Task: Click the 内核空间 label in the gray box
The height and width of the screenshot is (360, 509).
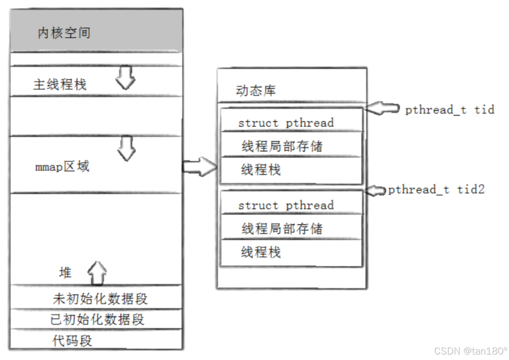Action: pyautogui.click(x=64, y=33)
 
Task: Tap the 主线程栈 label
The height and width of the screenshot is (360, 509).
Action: pyautogui.click(x=59, y=84)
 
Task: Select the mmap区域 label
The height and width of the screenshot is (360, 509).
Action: pyautogui.click(x=62, y=167)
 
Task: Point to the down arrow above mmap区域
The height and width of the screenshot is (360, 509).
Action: pyautogui.click(x=127, y=149)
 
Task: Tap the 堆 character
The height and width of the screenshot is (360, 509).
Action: pyautogui.click(x=65, y=272)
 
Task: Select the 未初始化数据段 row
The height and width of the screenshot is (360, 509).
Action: pyautogui.click(x=100, y=299)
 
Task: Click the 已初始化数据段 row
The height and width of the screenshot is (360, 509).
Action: pyautogui.click(x=97, y=319)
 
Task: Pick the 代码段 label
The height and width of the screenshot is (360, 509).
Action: pyautogui.click(x=72, y=340)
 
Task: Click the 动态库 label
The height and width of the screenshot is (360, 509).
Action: pyautogui.click(x=256, y=91)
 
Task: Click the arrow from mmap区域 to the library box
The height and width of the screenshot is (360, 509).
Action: pyautogui.click(x=200, y=166)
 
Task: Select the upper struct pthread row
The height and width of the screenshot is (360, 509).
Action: pyautogui.click(x=286, y=123)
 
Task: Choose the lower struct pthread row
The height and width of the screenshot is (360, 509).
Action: pyautogui.click(x=286, y=205)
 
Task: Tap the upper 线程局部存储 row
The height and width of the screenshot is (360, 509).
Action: pyautogui.click(x=282, y=146)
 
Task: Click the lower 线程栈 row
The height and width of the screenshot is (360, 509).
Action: pyautogui.click(x=261, y=252)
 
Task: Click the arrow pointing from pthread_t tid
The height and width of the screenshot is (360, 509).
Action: pyautogui.click(x=382, y=108)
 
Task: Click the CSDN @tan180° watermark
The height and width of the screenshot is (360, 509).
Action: pyautogui.click(x=470, y=351)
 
